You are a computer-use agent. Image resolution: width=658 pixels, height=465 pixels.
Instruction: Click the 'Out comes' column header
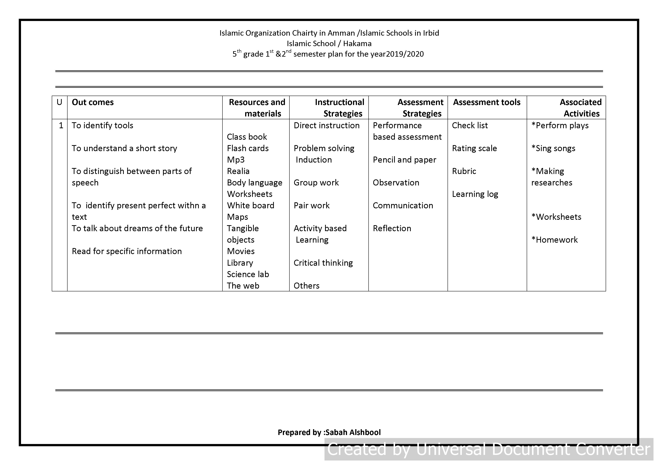click(x=93, y=102)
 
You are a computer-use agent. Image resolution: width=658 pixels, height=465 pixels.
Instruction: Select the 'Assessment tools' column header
click(x=486, y=102)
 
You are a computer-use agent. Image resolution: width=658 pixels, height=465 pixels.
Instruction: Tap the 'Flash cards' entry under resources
click(x=248, y=148)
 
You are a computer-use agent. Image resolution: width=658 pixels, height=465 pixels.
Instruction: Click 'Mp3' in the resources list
click(x=236, y=160)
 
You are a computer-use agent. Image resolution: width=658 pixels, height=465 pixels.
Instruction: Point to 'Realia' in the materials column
click(x=238, y=171)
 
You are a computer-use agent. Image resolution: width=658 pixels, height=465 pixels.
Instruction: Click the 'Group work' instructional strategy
click(x=316, y=183)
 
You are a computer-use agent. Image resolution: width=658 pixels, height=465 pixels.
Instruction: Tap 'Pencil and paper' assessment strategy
click(x=404, y=160)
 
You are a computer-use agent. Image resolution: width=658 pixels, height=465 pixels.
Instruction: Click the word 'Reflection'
click(x=392, y=229)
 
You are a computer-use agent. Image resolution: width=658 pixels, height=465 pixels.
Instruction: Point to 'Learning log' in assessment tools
click(x=475, y=194)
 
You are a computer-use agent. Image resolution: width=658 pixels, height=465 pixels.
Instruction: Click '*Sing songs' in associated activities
click(x=553, y=148)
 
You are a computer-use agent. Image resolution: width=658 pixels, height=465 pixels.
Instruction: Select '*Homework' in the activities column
click(x=554, y=240)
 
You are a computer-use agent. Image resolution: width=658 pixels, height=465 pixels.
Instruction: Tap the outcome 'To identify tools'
click(x=102, y=125)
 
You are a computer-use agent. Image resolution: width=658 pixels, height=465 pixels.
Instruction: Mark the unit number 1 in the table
click(x=61, y=125)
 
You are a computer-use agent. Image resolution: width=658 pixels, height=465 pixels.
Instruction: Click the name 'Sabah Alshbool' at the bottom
click(x=353, y=432)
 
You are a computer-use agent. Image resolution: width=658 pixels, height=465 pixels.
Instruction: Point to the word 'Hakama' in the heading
click(x=357, y=43)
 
